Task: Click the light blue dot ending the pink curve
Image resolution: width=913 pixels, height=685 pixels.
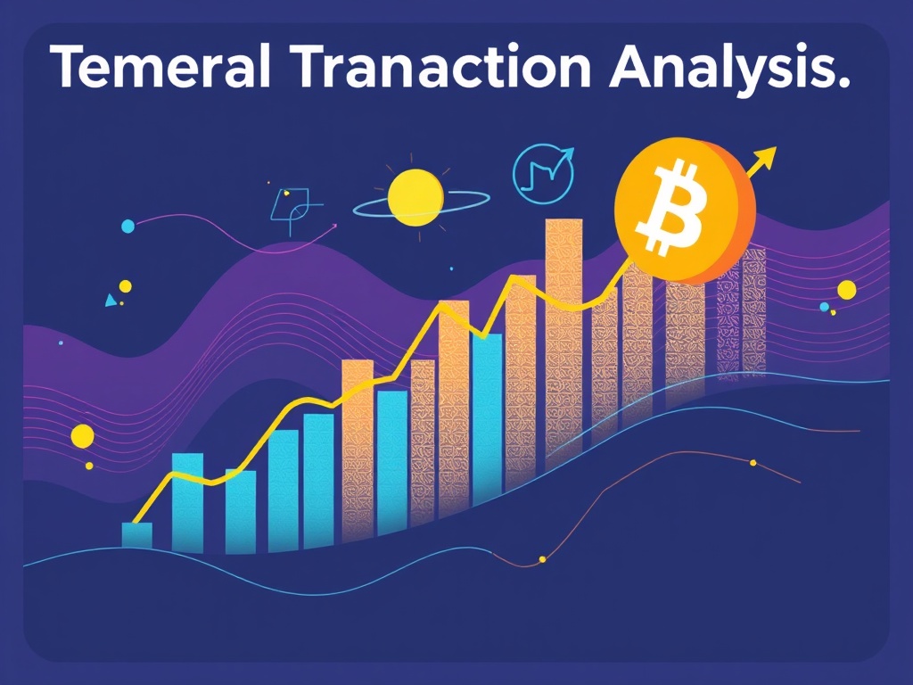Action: pyautogui.click(x=127, y=226)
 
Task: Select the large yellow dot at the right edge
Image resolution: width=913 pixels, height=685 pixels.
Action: pyautogui.click(x=846, y=289)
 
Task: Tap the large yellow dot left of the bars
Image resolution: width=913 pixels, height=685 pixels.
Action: pyautogui.click(x=82, y=436)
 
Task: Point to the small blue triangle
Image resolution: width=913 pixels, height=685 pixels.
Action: pyautogui.click(x=111, y=301)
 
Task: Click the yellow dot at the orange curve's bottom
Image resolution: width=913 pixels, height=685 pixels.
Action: pyautogui.click(x=542, y=559)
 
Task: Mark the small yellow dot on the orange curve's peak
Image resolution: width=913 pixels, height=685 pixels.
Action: pyautogui.click(x=753, y=462)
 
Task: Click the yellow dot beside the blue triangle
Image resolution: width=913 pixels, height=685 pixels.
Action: pyautogui.click(x=125, y=286)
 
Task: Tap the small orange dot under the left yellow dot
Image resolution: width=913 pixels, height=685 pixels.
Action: pyautogui.click(x=88, y=466)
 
